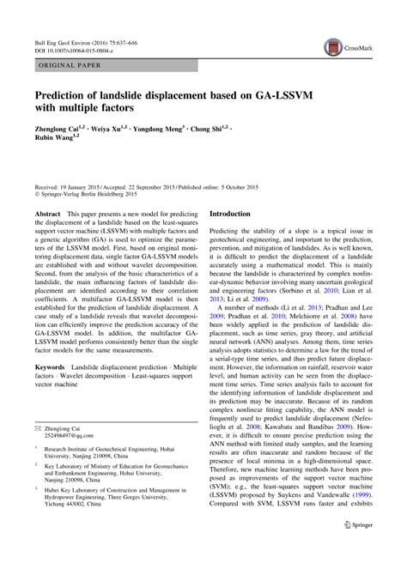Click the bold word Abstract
pos(47,213)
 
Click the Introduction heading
pos(236,213)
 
